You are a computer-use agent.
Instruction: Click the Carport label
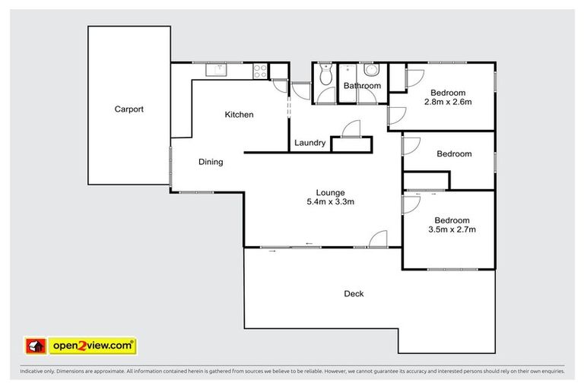pos(129,109)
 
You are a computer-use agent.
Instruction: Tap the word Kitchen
pos(239,115)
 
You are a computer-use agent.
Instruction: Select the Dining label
pos(211,162)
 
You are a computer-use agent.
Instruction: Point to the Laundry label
pos(309,143)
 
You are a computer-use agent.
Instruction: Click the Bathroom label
pos(361,86)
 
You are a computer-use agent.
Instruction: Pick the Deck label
pos(354,293)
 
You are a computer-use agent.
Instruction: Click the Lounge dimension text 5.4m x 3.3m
pos(331,202)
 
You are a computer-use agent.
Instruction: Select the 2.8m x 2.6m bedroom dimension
pos(449,102)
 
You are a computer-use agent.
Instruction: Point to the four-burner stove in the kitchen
pos(259,71)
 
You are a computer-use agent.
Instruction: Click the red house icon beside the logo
pos(35,346)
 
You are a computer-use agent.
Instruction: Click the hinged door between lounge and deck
pos(378,241)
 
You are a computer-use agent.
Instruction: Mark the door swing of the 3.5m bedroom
pos(411,204)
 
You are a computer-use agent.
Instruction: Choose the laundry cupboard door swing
pos(351,131)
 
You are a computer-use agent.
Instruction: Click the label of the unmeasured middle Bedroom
pos(454,153)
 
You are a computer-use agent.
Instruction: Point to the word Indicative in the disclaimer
pos(34,372)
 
